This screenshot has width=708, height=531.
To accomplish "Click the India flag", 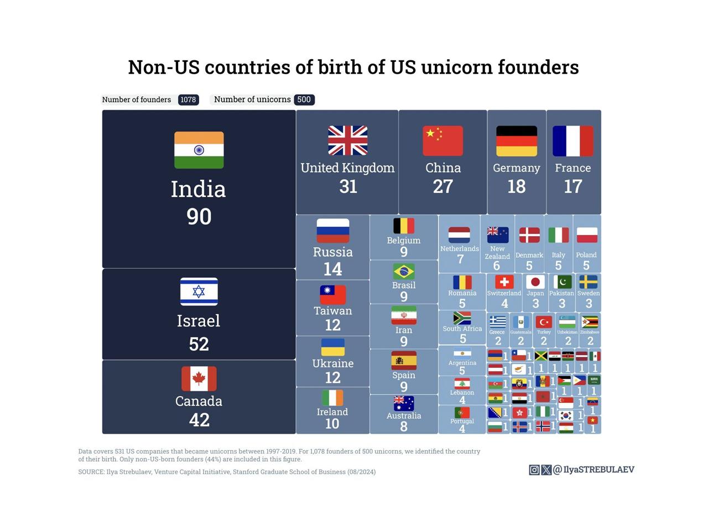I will point(199,150).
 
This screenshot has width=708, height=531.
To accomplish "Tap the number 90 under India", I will point(199,216).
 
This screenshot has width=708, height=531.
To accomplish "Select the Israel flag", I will point(199,291).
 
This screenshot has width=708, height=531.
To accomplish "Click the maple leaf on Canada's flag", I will point(199,379).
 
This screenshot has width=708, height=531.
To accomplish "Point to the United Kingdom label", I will point(347,168).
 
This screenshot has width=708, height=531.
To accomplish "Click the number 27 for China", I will point(442,186).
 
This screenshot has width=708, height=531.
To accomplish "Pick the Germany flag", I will point(516,140).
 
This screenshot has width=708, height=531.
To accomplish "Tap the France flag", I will point(572,140).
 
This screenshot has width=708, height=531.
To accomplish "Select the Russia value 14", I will point(332,269).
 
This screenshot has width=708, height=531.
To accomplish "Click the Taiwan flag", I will point(332,294).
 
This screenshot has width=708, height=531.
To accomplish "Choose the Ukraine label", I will point(332,363).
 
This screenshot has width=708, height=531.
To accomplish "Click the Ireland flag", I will point(332,398).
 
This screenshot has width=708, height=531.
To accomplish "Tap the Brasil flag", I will point(404,272).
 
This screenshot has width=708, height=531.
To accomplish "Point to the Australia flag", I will point(404,403).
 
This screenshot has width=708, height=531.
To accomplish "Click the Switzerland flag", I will point(504,282).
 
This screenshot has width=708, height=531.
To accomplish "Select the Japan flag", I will point(535,282).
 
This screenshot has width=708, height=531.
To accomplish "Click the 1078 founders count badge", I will point(188,100).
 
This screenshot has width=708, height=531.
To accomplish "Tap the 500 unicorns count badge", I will point(304,100).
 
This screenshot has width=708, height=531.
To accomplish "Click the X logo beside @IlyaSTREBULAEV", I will point(546,470).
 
